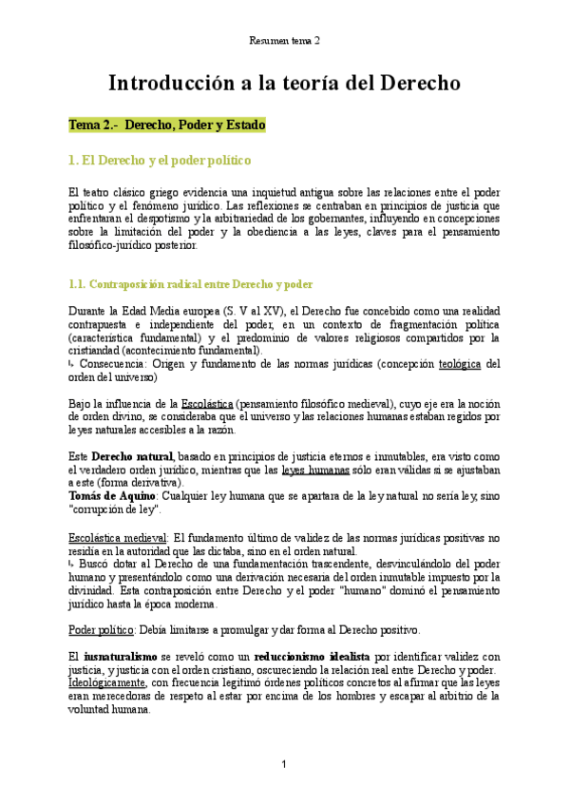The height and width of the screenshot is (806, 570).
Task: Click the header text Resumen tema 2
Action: tap(284, 41)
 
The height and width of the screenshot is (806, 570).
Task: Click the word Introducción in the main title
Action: tap(163, 83)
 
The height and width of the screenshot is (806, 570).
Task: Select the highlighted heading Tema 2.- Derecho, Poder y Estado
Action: tap(166, 125)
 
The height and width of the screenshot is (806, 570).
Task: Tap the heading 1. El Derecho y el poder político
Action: tap(160, 160)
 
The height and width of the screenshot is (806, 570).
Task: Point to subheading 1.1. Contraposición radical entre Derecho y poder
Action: tap(191, 284)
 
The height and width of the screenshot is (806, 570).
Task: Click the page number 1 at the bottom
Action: tap(284, 765)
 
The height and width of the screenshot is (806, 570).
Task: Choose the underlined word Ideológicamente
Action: tap(107, 682)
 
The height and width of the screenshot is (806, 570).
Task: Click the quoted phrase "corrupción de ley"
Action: tap(115, 509)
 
